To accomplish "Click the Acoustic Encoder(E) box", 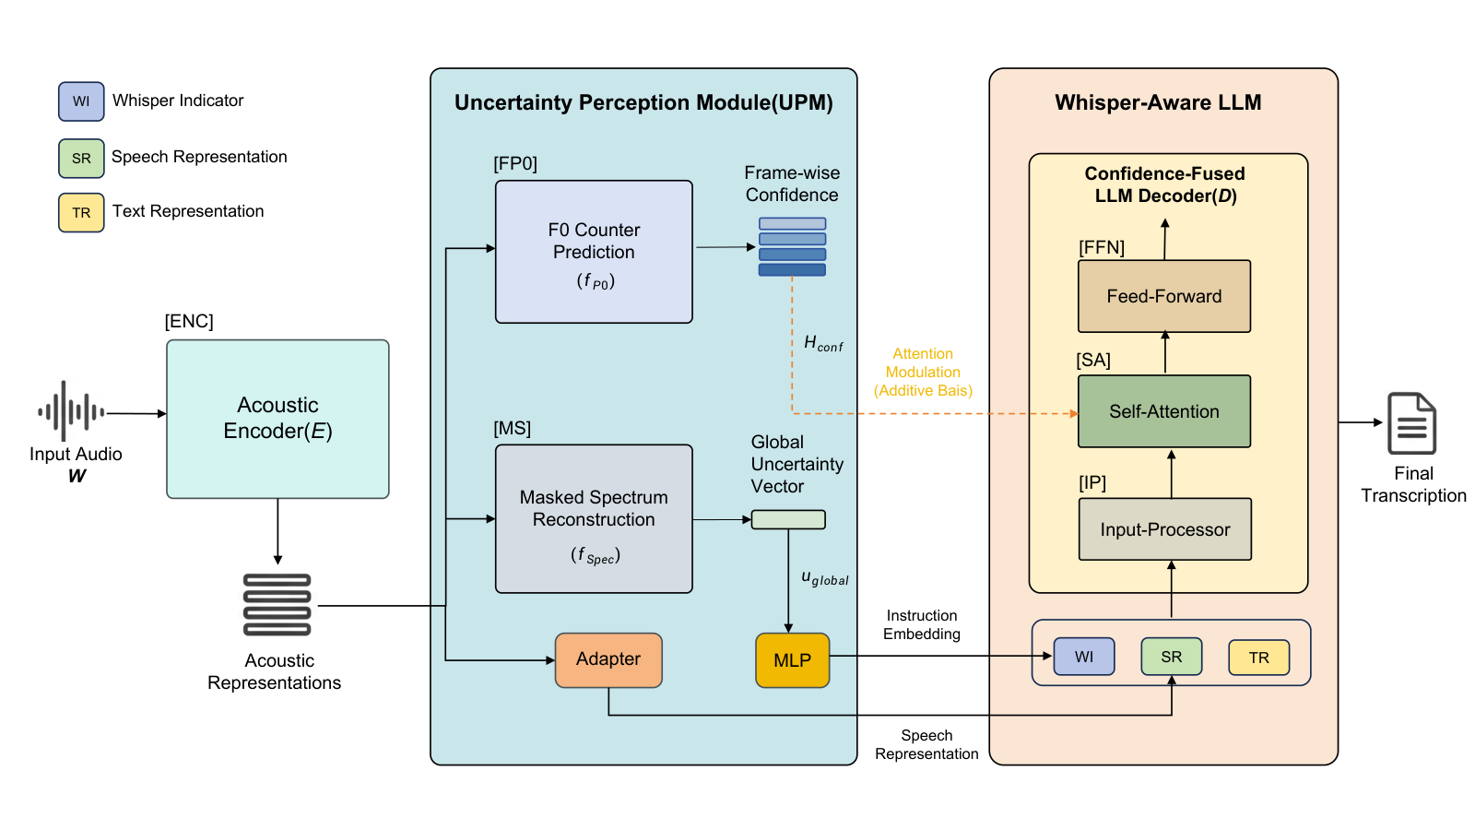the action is [277, 419].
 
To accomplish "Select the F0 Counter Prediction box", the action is [594, 252].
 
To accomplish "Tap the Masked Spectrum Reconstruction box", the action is [594, 519].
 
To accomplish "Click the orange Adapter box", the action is [608, 660].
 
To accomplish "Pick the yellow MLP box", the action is [792, 660].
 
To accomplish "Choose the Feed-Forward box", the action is [1164, 296].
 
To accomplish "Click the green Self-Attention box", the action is [1164, 411].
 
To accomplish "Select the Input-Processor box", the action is [1165, 529].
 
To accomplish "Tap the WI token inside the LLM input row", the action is [1084, 657].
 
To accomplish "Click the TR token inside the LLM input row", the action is [1259, 658].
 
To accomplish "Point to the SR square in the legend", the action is [81, 158].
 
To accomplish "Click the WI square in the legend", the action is [81, 101].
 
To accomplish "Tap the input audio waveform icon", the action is [71, 411].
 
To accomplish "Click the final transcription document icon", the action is [1411, 423].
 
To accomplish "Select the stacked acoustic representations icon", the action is [277, 605].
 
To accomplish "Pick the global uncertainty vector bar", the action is [788, 520].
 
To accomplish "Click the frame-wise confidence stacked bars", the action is [792, 247].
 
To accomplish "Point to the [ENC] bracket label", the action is [189, 322].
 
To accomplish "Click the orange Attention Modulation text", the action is [923, 373].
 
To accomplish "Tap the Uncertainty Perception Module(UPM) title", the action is [644, 102].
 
